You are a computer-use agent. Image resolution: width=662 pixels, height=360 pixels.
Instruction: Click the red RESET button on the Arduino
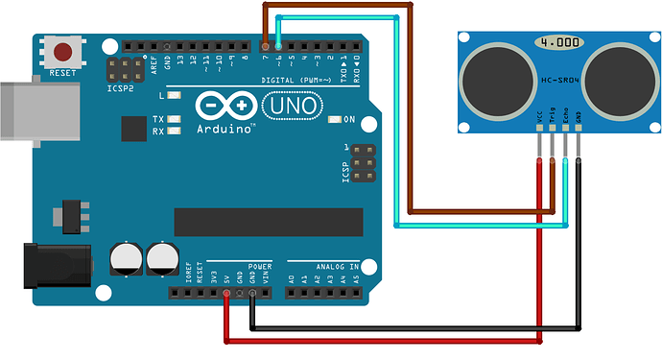pos(64,52)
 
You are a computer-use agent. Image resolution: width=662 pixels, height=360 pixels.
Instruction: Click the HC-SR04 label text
pos(556,79)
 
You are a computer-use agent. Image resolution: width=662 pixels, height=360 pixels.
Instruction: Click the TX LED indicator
pos(174,119)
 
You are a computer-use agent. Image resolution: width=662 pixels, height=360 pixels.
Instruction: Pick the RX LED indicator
pos(174,132)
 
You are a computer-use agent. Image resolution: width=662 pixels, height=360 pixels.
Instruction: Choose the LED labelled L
pos(174,96)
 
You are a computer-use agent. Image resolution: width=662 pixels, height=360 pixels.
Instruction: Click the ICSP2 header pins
pos(122,69)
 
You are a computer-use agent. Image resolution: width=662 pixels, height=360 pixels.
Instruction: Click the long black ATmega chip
pos(269,221)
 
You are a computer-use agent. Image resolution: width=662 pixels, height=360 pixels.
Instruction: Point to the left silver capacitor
pos(127,256)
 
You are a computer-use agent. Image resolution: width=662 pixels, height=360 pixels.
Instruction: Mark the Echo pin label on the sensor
pos(566,118)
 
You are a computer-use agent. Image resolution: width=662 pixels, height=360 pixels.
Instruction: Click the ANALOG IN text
pos(322,266)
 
